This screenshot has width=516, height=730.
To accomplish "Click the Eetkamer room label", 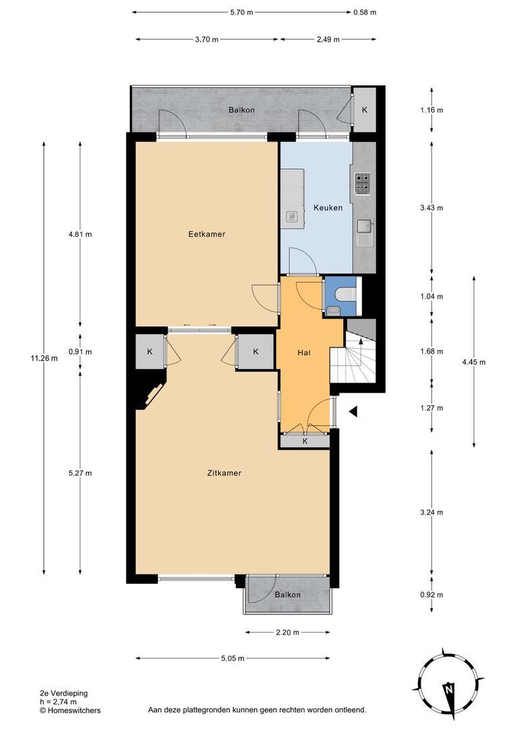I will tap(206, 235).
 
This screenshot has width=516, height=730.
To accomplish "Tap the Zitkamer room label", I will tap(224, 473).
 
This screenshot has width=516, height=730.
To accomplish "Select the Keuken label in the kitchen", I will tap(328, 208).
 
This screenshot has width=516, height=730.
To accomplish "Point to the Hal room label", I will tap(304, 353).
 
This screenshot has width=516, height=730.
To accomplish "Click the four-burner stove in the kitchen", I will tap(362, 182).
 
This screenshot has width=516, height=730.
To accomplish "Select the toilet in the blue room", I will tap(341, 295).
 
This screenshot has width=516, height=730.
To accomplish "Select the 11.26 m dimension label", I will tap(45, 358).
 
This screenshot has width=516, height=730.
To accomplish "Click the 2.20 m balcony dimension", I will tap(288, 633).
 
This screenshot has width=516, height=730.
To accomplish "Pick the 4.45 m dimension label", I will tap(473, 362).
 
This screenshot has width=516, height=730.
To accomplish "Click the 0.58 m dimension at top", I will tap(365, 12).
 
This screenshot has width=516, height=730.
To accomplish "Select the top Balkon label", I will tap(241, 109).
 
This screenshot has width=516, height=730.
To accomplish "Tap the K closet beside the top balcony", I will tap(365, 109).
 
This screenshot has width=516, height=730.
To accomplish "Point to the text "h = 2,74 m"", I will tap(58, 702).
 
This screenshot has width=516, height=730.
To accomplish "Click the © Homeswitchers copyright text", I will tap(70, 710).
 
